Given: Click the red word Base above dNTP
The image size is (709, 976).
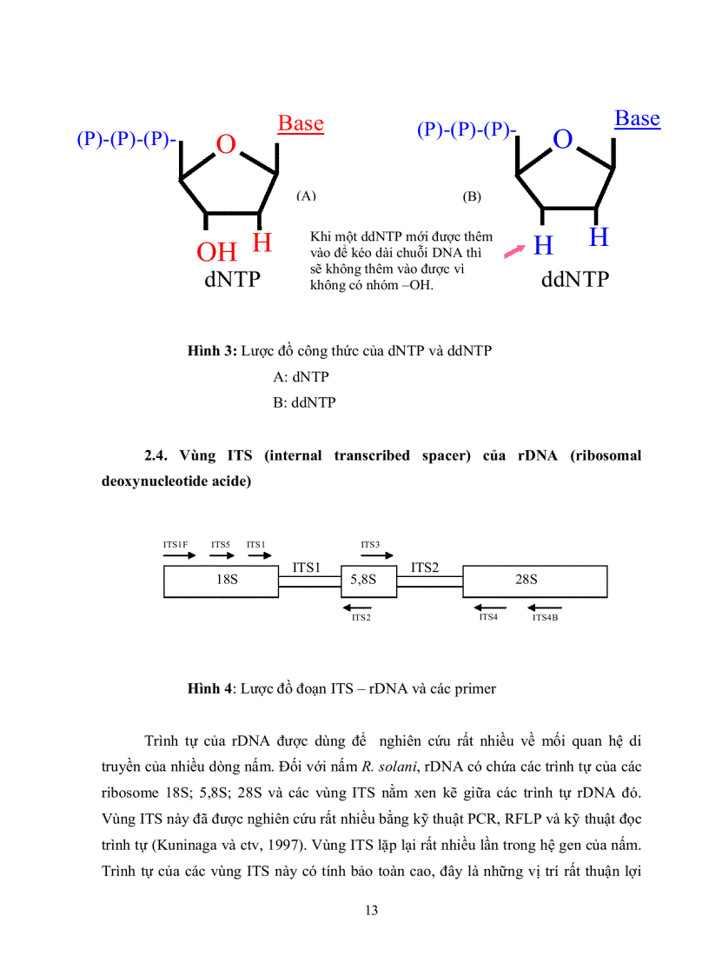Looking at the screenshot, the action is point(301,123).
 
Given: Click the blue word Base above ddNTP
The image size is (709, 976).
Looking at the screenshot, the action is point(637,118).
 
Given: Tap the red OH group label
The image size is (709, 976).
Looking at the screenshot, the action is point(216,252).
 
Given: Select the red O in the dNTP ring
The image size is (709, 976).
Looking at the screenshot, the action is point(226,145).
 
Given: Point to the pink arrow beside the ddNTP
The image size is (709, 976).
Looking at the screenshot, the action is point(515,251).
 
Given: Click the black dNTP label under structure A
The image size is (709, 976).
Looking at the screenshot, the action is point(232,281).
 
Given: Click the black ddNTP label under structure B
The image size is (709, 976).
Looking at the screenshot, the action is point(574,280).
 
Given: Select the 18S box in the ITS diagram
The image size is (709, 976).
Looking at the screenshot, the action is point(227,580).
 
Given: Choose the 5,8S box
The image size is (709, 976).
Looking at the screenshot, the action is point(363,580).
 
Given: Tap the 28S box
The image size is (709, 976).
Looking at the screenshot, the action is point(527,580).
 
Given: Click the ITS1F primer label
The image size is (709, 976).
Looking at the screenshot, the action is point(176,545).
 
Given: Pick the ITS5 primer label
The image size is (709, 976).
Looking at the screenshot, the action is point(221,545).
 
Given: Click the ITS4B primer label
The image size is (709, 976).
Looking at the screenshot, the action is point(546,617).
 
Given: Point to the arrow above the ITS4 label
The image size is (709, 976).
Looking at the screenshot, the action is point(490,607).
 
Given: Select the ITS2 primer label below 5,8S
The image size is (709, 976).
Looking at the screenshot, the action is point(361,618).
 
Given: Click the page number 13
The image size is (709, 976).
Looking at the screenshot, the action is point(372,910).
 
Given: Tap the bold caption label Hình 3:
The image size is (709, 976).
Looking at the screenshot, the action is point(212,350).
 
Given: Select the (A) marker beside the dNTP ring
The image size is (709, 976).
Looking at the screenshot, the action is point(306,196).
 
